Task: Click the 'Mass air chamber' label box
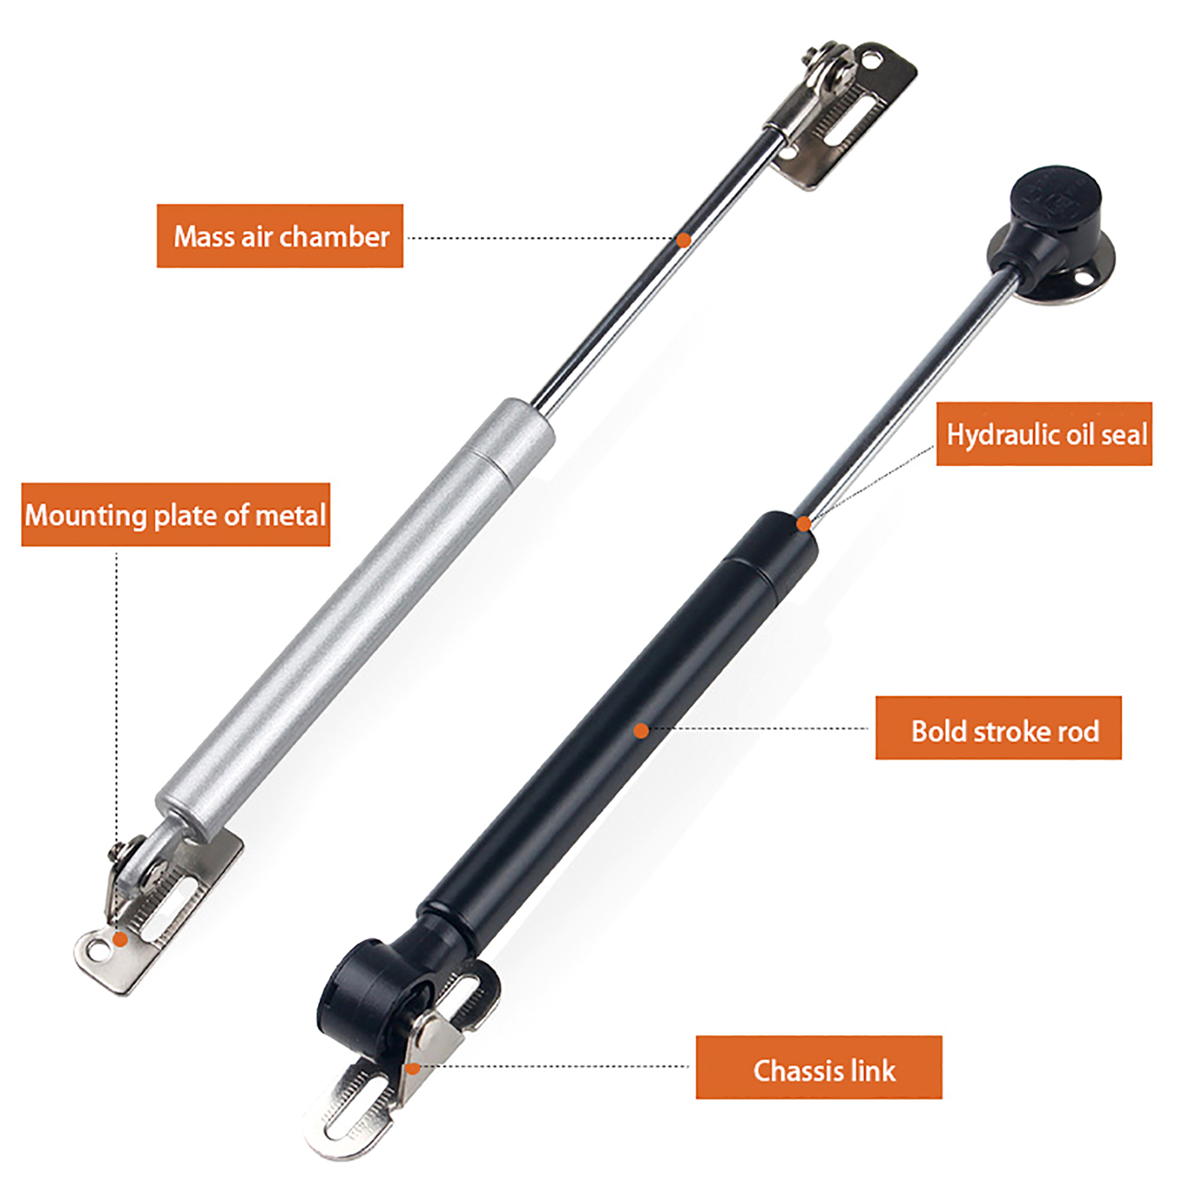click(280, 236)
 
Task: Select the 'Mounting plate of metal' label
click(176, 515)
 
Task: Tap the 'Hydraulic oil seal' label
click(1044, 434)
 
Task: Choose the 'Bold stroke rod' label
click(998, 728)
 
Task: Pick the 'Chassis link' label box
click(819, 1068)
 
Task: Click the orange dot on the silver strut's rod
click(683, 240)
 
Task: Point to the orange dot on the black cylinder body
click(641, 730)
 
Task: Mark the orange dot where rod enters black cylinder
click(804, 523)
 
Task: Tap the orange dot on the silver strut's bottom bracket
click(120, 939)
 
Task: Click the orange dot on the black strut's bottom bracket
click(413, 1068)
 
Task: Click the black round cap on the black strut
click(1056, 202)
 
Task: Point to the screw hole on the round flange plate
click(1083, 280)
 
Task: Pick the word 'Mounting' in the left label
click(86, 517)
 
